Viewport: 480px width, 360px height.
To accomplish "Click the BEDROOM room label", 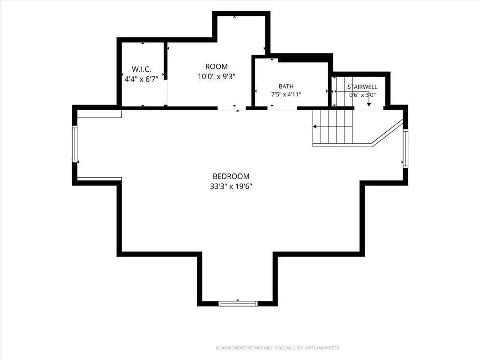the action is (x=231, y=176).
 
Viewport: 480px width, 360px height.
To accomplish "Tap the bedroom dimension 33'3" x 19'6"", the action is (x=231, y=186).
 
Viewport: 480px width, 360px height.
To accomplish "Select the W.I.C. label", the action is (x=142, y=69).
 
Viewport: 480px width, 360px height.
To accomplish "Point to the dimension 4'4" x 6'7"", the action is (x=142, y=79).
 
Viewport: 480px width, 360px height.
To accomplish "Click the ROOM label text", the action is (x=217, y=67).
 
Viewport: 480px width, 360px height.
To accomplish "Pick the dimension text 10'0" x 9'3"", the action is (x=217, y=76).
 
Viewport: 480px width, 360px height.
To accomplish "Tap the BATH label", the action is (x=286, y=87).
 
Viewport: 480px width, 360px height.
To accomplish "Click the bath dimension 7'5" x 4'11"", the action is (x=286, y=95).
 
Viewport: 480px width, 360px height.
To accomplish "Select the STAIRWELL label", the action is (x=362, y=87).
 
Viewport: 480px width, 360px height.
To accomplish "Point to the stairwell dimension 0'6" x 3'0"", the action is (x=362, y=95).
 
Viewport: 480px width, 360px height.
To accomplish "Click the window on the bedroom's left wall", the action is (x=75, y=143).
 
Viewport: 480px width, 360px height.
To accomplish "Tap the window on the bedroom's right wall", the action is (x=405, y=149).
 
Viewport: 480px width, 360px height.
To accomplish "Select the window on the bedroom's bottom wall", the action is (x=238, y=304).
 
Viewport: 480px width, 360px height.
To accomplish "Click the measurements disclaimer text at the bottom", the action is (x=278, y=348).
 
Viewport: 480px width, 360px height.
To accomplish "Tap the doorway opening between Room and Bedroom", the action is (x=232, y=108).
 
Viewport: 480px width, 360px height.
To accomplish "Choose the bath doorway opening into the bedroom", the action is (x=282, y=108).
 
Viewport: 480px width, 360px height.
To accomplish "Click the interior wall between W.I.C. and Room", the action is (x=165, y=61).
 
